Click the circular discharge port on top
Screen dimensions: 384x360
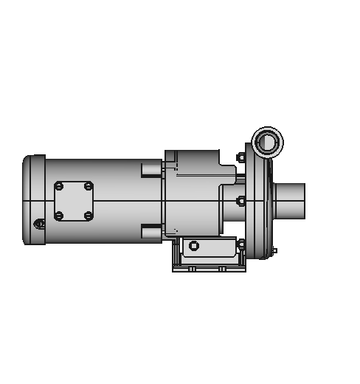267,140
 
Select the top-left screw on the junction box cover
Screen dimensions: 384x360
59,186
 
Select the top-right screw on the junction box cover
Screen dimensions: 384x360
89,186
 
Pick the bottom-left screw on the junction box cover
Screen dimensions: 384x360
59,216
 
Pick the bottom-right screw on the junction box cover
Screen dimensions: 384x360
89,216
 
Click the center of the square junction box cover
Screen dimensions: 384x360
74,201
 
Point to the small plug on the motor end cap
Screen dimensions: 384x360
40,223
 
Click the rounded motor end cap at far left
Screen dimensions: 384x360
34,199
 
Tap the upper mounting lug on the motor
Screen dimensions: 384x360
151,169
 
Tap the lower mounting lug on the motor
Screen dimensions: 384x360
151,232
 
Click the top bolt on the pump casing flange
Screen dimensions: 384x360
240,157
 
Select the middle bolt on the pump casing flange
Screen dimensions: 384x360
240,200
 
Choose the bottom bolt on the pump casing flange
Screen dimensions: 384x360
240,243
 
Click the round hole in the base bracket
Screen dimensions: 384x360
194,246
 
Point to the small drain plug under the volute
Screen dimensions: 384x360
274,251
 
